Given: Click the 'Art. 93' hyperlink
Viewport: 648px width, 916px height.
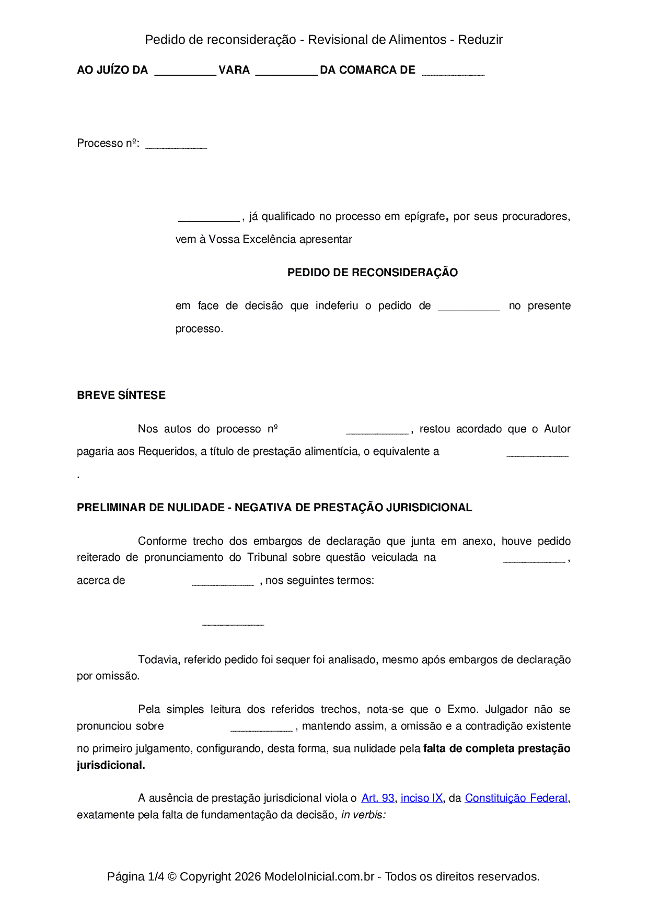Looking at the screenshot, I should click(378, 798).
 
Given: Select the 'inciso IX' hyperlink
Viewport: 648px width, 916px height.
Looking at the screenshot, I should click(422, 798).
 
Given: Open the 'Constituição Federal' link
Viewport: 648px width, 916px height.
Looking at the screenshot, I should click(516, 798).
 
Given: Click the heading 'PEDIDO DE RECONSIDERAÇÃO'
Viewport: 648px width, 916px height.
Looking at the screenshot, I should click(373, 273).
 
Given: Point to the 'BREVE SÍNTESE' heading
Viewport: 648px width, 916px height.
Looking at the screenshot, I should click(121, 395).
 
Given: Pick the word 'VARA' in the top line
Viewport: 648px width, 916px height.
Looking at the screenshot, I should click(234, 70).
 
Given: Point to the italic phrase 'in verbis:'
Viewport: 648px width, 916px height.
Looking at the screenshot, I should click(363, 815).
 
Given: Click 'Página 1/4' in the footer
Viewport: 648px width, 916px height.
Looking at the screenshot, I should click(136, 876).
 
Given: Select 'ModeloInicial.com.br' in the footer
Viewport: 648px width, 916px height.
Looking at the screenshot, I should click(319, 876).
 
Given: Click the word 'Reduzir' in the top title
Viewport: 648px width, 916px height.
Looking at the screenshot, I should click(480, 40).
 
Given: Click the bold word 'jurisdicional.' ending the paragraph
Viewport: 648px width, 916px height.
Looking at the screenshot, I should click(111, 765).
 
